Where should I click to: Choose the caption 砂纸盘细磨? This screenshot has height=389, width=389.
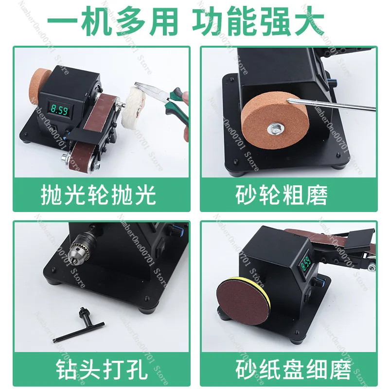point(293,371)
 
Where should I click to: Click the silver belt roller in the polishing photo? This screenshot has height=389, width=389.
point(65,157)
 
